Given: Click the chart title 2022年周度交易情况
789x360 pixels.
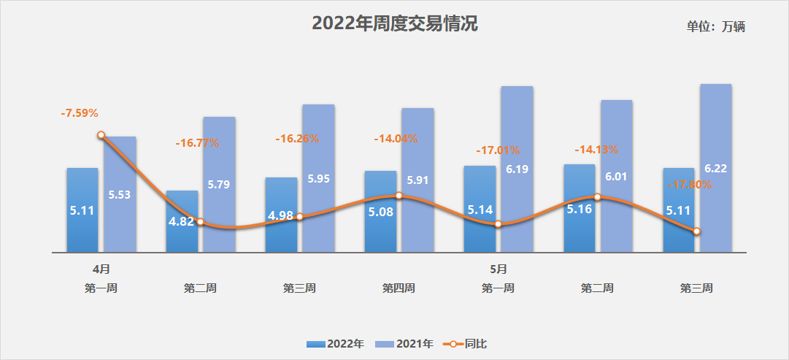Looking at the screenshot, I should point(395,23).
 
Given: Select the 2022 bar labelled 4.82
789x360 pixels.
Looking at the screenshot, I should point(182,221).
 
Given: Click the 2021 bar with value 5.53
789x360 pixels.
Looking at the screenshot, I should point(120,195).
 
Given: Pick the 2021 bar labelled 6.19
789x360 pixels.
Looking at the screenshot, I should point(517,169).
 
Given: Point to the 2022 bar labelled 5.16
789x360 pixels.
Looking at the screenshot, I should point(580,209).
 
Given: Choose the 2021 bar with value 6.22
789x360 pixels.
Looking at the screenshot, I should point(715,168).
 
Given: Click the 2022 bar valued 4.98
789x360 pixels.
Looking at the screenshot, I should point(281,215).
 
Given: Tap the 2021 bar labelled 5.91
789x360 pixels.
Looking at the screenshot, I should point(417,180).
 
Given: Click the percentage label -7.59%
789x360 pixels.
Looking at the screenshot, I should point(80,113).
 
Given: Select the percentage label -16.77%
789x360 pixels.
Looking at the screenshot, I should point(197,143).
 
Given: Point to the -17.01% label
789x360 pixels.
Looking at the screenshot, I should point(498,150).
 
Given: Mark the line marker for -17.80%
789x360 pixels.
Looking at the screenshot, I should point(697,231).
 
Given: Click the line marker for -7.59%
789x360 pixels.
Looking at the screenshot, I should point(101,135).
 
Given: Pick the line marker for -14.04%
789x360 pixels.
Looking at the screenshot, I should point(399,195).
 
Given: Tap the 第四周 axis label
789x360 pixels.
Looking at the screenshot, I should point(399,288).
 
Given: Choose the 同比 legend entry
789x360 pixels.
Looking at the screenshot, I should point(464,343).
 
